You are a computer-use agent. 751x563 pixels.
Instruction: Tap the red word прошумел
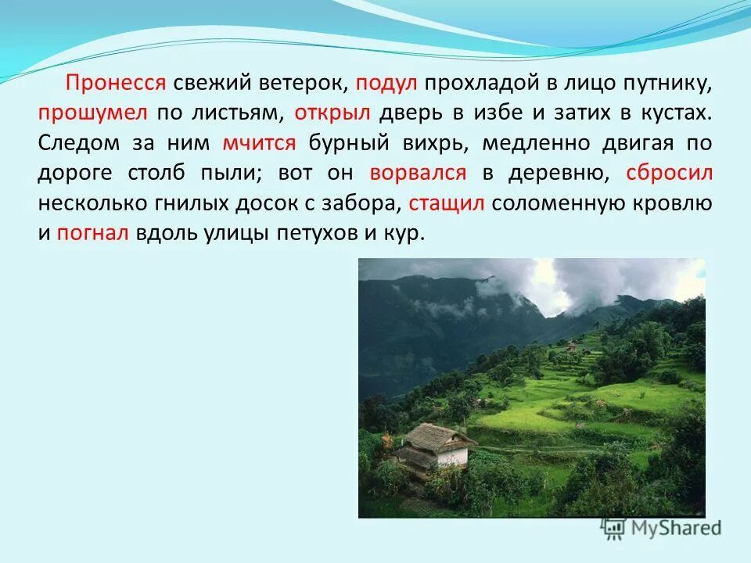point(93,113)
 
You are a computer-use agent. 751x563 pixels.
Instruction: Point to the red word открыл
point(332,113)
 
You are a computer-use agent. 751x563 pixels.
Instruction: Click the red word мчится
point(260,143)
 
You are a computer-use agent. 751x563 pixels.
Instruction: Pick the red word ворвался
point(419,173)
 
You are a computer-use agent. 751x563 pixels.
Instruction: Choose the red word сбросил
point(669,173)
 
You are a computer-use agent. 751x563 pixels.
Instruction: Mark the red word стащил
point(449,203)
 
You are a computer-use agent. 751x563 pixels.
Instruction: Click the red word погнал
point(92,233)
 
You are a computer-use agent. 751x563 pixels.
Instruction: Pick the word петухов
point(314,233)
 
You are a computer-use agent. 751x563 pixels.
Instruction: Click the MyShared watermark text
point(674,529)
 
